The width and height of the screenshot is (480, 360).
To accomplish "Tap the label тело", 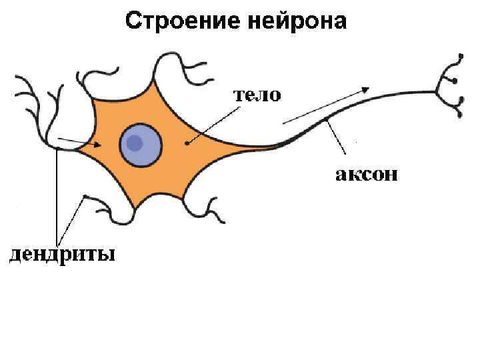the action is pyautogui.click(x=257, y=95).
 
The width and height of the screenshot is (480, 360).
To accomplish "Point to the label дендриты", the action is pyautogui.click(x=61, y=255).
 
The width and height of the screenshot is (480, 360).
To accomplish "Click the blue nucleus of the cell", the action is pyautogui.click(x=141, y=145).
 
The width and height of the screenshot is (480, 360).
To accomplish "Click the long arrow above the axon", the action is pyautogui.click(x=327, y=105).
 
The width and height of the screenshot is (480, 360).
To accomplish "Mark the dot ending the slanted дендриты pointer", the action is pyautogui.click(x=85, y=197).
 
